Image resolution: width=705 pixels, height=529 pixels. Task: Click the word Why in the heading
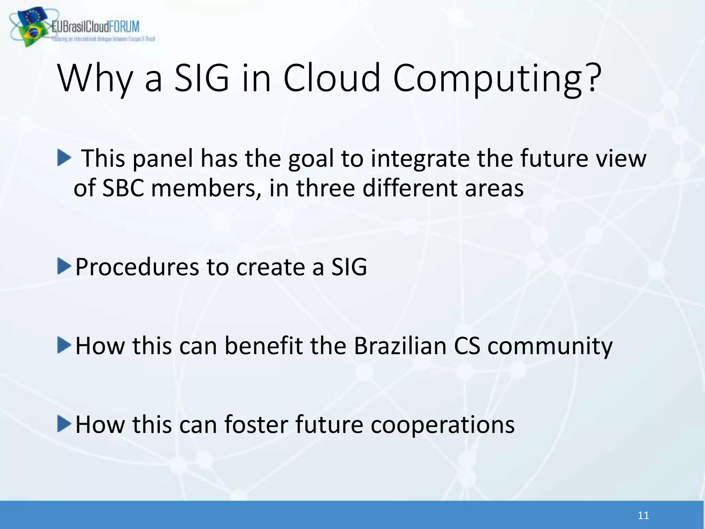pos(95,79)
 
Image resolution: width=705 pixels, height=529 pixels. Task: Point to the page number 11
pos(643,516)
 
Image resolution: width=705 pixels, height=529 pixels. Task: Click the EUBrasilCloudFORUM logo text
pos(96,27)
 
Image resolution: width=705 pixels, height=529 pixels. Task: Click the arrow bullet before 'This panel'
pos(64,157)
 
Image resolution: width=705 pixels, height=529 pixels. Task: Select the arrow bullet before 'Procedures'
pos(64,266)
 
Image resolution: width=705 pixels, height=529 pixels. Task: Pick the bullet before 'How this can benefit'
pos(64,345)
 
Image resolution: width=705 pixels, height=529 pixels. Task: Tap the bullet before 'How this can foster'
pos(64,424)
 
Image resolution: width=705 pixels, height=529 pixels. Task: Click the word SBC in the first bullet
pos(123,188)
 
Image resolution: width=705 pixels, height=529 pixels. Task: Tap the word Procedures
pos(137,267)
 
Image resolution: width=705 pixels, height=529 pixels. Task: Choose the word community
pos(550,346)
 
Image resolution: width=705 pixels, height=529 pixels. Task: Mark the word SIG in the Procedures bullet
pos(349,267)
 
